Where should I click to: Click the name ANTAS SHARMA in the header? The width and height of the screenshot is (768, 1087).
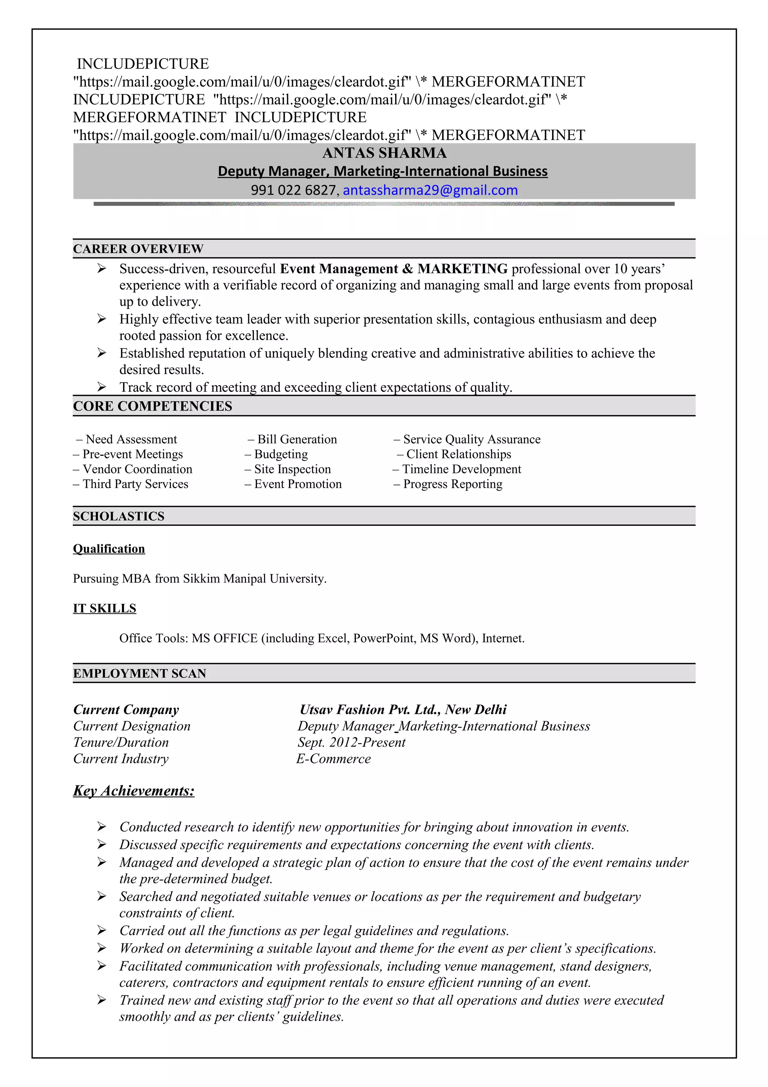coord(384,153)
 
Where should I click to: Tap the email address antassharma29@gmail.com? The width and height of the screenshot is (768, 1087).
coord(430,190)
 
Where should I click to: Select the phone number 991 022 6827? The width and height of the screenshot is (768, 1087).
coord(293,190)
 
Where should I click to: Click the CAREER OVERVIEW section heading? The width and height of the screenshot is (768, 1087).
coord(138,249)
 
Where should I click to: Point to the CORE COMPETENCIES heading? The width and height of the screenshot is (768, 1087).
coord(152,406)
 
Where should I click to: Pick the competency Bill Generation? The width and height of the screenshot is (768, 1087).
coord(297,439)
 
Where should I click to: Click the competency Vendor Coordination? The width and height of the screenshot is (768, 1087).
coord(137,469)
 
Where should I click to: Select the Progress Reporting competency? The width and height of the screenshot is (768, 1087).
coord(452,484)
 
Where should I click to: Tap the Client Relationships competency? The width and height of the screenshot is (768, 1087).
coord(458,454)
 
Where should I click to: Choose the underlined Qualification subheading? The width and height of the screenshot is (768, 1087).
coord(109,549)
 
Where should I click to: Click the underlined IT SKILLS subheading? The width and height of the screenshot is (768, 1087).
coord(105,608)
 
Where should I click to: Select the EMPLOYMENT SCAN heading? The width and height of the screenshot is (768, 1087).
coord(139,673)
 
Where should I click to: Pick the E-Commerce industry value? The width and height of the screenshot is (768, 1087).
coord(334,758)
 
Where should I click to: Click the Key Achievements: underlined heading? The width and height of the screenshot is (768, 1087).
coord(134,791)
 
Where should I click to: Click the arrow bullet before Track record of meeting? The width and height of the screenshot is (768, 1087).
coord(102,387)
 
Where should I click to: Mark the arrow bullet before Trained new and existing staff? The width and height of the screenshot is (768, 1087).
coord(102,1000)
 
